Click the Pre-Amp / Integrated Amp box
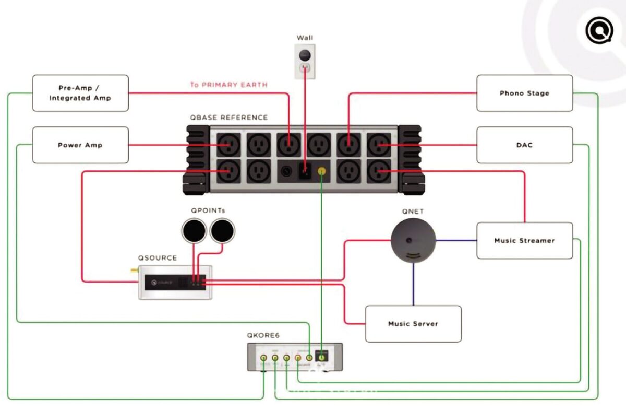pos(80,93)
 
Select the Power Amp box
pos(80,145)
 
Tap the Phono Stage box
pos(524,93)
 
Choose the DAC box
pos(524,145)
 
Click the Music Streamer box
pos(524,240)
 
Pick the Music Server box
pos(413,324)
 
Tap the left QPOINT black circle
pos(194,231)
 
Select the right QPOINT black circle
pos(222,231)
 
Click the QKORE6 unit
pos(295,357)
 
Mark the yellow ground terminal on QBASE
pos(323,170)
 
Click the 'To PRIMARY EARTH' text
pos(228,85)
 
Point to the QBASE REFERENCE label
pos(229,118)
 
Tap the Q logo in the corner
pos(599,31)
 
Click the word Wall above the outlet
pos(305,38)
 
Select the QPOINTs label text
pos(208,210)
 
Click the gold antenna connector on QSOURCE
pos(134,272)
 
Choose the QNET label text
pos(413,212)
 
